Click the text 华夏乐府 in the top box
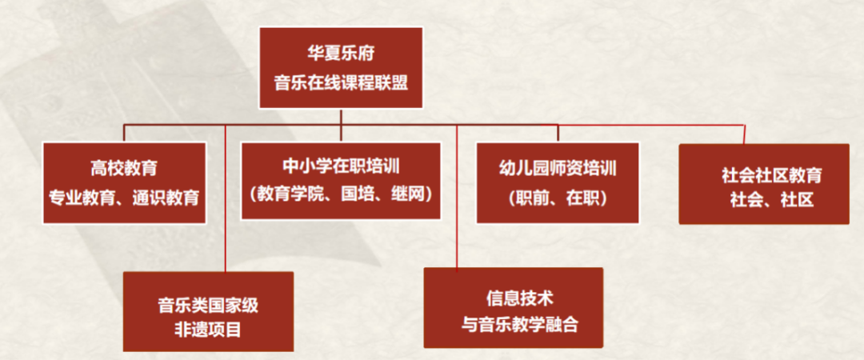coord(341,54)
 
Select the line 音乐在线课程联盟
coord(341,84)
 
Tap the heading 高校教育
coord(124,168)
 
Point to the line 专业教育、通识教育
coord(124,198)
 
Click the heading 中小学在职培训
coord(341,166)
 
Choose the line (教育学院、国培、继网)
coord(341,194)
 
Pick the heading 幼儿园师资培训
coord(558,168)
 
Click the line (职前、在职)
coord(558,198)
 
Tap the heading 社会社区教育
coord(771,176)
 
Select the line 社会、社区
coord(771,200)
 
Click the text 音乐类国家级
coord(208,305)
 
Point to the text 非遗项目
coord(208,330)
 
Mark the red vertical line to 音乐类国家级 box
coord(226,198)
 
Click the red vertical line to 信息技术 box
coord(457,198)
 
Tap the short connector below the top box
coord(341,117)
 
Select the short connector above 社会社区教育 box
coord(745,134)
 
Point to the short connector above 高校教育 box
coord(124,134)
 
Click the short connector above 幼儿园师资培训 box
coord(558,134)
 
